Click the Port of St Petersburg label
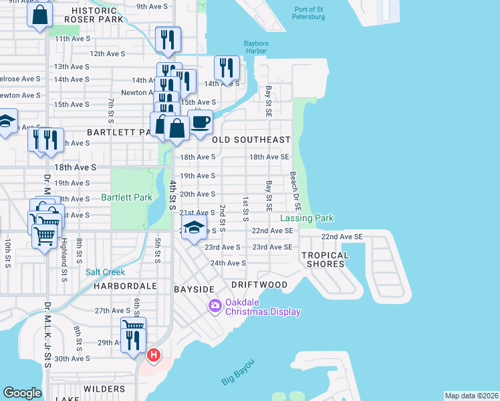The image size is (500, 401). pos(308,12)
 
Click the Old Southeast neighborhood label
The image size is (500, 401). pos(251,140)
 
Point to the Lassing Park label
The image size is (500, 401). pos(306,219)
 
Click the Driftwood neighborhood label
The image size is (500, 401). pos(259,285)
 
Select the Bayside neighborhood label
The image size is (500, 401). pos(194,289)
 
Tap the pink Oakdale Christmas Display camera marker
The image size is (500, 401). pos(215,306)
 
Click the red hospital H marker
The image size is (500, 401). pos(153,355)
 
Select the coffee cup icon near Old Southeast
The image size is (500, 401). pos(200,122)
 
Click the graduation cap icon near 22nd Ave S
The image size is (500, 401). pos(194,228)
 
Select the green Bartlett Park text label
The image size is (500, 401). pos(126,197)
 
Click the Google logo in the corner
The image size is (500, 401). pos(22,393)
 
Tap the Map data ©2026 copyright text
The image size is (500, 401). pos(471,396)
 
